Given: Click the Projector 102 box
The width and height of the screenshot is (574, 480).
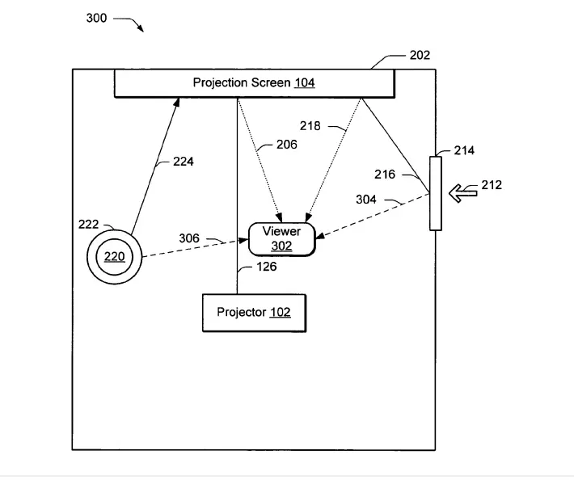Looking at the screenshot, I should pos(254,312).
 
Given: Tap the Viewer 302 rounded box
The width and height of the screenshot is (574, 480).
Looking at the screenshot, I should pos(281,238).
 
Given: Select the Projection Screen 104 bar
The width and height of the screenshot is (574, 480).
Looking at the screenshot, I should pos(254,82).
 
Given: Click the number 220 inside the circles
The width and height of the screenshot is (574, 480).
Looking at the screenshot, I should pos(115,257).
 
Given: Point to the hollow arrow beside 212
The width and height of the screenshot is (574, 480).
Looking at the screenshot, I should pos(463,192).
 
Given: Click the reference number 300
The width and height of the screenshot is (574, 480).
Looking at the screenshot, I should pos(96,18).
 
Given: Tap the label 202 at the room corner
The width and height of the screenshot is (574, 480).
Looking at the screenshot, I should pos(420,55).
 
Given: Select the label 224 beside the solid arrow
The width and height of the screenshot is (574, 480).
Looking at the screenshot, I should pos(183,162).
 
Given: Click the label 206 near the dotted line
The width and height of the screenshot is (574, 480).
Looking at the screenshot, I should pos(286,145).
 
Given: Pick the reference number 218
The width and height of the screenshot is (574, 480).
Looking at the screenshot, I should pos(310,126).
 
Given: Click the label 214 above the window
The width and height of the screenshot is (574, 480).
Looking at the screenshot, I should pos(464,150).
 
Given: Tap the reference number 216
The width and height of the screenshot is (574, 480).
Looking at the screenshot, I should pos(385,174).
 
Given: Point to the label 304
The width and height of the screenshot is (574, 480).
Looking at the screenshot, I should pos(366,199).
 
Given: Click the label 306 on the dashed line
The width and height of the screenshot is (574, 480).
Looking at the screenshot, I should pos(190,239).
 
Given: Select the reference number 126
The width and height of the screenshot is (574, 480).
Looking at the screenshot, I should pos(266,267).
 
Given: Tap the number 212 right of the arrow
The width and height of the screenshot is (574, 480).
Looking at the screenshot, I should pos(492,185).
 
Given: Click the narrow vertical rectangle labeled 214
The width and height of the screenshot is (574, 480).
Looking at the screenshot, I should pos(436,194).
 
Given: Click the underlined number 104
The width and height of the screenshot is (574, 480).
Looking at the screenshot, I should pos(305,82).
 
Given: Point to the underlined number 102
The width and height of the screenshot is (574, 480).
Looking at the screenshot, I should pos(280,312).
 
